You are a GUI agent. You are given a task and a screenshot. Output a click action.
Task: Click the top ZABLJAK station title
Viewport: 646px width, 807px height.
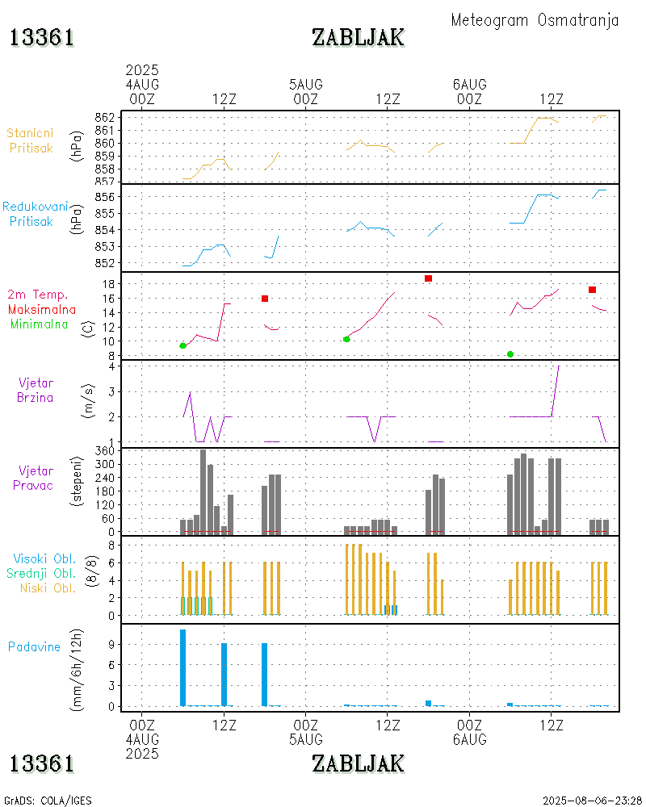358,37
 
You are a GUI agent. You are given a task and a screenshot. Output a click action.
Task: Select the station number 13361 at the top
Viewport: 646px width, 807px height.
42,37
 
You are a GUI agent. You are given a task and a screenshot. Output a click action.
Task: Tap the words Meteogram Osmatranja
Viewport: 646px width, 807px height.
535,20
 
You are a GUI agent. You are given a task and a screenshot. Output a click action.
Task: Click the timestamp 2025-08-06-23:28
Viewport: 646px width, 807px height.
592,801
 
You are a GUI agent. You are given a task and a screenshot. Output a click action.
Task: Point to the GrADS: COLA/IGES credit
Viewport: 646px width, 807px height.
48,801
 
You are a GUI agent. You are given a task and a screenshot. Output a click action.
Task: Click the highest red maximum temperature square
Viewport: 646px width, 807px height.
428,278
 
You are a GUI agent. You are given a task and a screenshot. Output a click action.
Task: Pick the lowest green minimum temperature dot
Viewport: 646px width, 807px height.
510,354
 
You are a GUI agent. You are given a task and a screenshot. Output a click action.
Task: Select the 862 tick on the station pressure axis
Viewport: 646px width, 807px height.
107,117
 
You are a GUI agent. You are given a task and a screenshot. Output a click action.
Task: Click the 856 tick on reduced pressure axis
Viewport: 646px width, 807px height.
107,197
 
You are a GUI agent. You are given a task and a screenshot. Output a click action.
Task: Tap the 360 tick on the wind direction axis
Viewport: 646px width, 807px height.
105,451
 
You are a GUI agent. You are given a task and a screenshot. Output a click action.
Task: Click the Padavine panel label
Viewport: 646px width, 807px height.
35,646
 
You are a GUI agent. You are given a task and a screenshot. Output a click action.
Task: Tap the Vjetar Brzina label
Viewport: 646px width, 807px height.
36,389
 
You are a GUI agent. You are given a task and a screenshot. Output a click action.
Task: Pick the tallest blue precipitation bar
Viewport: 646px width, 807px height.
183,667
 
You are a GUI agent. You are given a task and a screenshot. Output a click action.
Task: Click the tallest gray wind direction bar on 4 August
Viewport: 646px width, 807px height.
203,491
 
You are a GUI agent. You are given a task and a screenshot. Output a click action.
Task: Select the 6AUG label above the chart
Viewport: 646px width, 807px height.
469,84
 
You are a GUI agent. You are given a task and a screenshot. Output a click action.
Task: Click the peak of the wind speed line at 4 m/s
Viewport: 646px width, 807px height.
559,366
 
